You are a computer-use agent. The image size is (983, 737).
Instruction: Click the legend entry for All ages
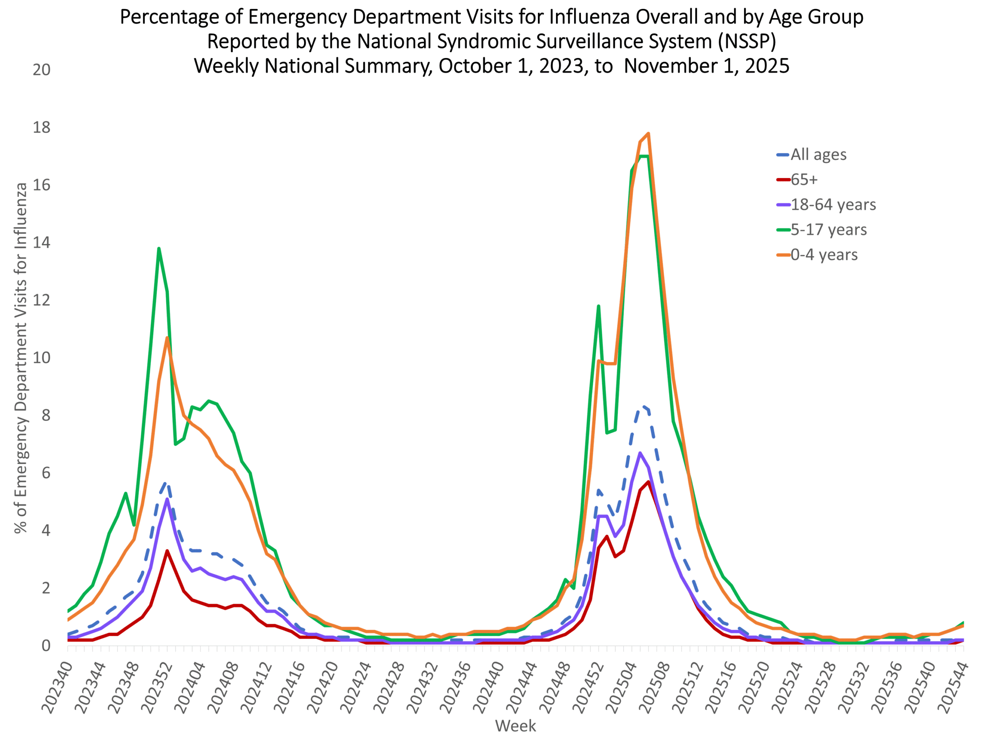(818, 155)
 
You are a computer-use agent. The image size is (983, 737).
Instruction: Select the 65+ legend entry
(804, 180)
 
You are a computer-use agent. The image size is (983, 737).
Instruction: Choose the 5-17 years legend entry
(828, 230)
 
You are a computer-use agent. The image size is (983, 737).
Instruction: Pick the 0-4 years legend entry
(824, 254)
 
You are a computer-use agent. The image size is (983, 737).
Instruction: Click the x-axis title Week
(515, 726)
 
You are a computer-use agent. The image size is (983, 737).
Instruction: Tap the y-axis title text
(21, 358)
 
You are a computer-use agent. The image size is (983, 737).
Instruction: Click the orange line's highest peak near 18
(649, 133)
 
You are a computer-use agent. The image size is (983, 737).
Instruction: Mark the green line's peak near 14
(159, 248)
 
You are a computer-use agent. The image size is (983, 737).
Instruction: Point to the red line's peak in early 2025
(649, 482)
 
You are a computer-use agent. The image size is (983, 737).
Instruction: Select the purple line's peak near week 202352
(167, 499)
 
